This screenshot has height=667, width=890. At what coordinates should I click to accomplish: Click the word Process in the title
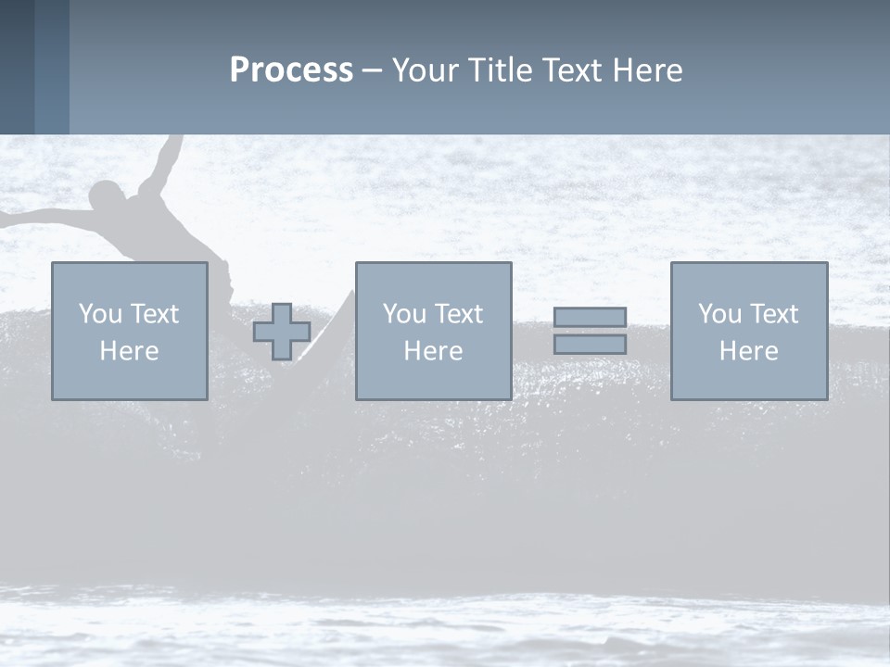pos(291,70)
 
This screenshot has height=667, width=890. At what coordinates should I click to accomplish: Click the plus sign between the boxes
pos(282,332)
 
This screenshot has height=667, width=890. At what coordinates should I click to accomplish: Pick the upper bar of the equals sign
pos(590,317)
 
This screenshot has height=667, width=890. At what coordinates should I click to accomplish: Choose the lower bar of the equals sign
pos(590,345)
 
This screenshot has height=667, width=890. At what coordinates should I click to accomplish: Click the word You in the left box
pos(100,314)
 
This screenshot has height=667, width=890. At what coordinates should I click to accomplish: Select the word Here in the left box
pos(129,351)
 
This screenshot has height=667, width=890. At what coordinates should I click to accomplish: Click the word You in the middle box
pos(404,314)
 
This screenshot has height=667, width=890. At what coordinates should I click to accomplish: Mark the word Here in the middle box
pos(433,351)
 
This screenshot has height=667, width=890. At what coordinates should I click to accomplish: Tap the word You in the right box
pos(719,314)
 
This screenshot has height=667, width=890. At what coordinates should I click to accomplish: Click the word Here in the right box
pos(748,351)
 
